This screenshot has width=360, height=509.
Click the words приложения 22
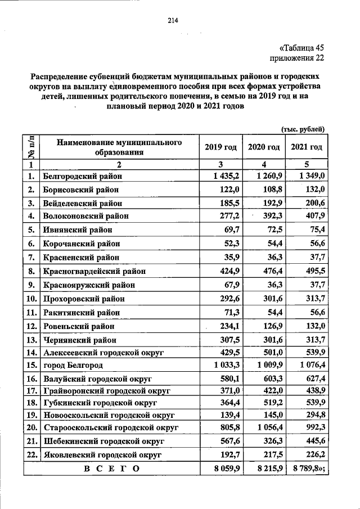click(297, 58)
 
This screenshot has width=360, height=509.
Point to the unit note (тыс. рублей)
click(303, 129)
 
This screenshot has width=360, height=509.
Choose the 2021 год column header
click(307, 147)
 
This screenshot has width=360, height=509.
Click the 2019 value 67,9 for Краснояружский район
click(229, 285)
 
